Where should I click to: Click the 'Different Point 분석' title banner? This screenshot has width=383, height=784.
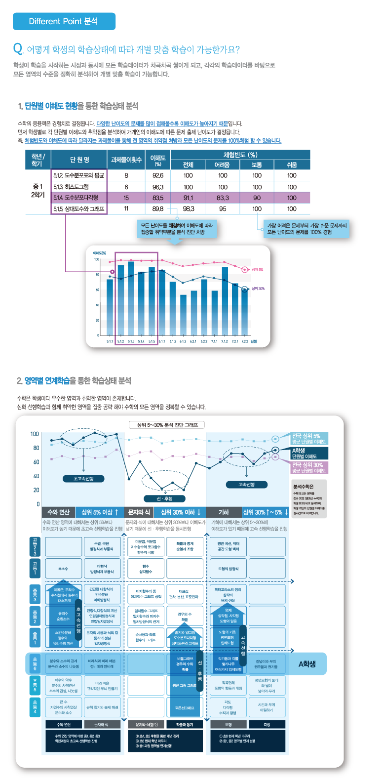pos(64,21)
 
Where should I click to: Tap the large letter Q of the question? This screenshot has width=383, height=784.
pos(18,48)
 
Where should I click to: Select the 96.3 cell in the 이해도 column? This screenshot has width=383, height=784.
pos(158,187)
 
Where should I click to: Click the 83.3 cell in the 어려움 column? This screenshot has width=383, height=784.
pos(223,198)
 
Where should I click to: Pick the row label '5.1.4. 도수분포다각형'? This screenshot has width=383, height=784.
pos(79,198)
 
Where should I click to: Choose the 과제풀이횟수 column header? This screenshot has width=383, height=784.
pos(126,160)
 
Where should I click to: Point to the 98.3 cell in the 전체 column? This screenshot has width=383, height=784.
pos(188,209)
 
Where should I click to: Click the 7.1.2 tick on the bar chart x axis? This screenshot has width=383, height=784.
pos(225,341)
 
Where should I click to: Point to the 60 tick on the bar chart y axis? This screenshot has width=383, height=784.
pos(97,290)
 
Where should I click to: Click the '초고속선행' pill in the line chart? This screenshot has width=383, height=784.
pos(83,478)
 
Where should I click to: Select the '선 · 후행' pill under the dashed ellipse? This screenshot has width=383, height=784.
pos(165,498)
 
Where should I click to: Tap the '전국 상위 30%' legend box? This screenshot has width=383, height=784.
pos(309,467)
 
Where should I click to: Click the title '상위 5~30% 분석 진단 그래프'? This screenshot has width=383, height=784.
pos(167,425)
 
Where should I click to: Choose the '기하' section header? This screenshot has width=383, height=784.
pos(224,512)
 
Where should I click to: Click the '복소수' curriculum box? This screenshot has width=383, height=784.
pos(63,569)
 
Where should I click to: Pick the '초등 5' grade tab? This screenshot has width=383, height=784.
pos(35,685)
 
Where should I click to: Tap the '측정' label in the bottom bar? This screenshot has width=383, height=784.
pos(267,725)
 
